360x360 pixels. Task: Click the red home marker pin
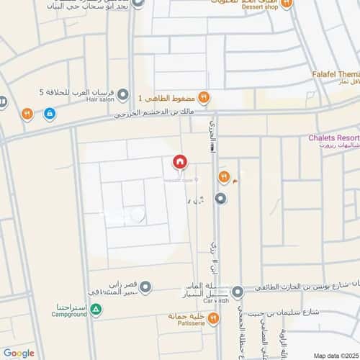pos(179,162)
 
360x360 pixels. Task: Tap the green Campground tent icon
pos(96,309)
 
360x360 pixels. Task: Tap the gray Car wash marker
pos(238,292)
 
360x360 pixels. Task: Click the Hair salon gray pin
pos(123,94)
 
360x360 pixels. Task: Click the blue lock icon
pos(49,113)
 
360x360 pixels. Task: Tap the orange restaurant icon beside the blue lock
pos(27,113)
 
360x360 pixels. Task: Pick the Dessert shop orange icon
pos(287,4)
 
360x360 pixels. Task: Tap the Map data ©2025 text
pos(336,355)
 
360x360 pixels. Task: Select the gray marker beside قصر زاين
pos(145,288)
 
